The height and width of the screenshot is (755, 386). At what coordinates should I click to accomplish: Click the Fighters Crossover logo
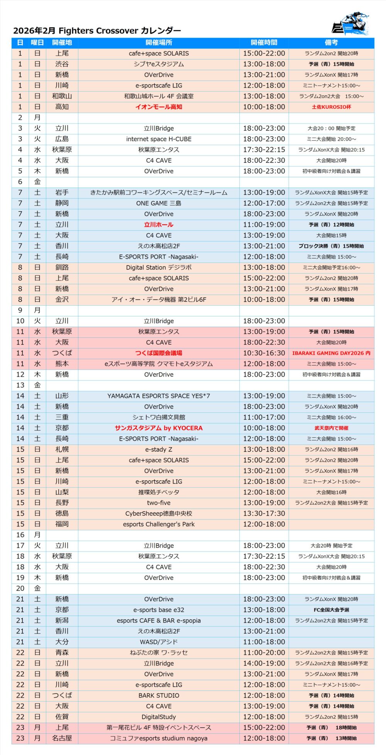[x=350, y=24]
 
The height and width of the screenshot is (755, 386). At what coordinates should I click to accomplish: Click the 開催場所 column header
[x=159, y=42]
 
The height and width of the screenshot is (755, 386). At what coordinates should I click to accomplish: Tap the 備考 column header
[x=331, y=42]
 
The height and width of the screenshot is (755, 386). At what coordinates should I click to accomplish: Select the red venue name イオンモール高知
[x=159, y=107]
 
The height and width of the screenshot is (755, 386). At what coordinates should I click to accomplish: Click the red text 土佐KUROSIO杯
[x=331, y=107]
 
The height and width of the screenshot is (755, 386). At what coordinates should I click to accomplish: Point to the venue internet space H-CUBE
[x=159, y=139]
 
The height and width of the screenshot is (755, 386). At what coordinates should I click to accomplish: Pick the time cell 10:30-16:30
[x=264, y=353]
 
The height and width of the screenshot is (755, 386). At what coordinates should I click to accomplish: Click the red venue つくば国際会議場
[x=159, y=353]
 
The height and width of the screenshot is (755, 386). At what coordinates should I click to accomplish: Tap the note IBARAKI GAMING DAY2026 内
[x=331, y=353]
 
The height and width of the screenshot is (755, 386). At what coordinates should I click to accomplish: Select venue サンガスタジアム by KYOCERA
[x=159, y=428]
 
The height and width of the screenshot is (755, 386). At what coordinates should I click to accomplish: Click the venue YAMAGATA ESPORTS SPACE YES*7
[x=159, y=396]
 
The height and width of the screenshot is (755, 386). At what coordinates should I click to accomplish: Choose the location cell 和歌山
[x=62, y=96]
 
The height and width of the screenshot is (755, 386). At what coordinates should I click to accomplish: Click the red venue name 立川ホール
[x=159, y=225]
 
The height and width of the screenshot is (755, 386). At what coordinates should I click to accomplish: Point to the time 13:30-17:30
[x=264, y=513]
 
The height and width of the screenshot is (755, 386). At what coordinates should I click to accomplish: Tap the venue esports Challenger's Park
[x=159, y=524]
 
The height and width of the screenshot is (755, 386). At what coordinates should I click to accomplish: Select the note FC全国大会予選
[x=331, y=610]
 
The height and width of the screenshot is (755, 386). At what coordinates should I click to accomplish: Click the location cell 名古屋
[x=62, y=738]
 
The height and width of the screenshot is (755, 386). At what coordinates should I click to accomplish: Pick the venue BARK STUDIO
[x=159, y=695]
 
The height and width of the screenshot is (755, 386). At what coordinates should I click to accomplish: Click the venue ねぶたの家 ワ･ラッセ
[x=159, y=652]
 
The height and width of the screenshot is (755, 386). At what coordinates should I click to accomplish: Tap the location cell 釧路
[x=62, y=267]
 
